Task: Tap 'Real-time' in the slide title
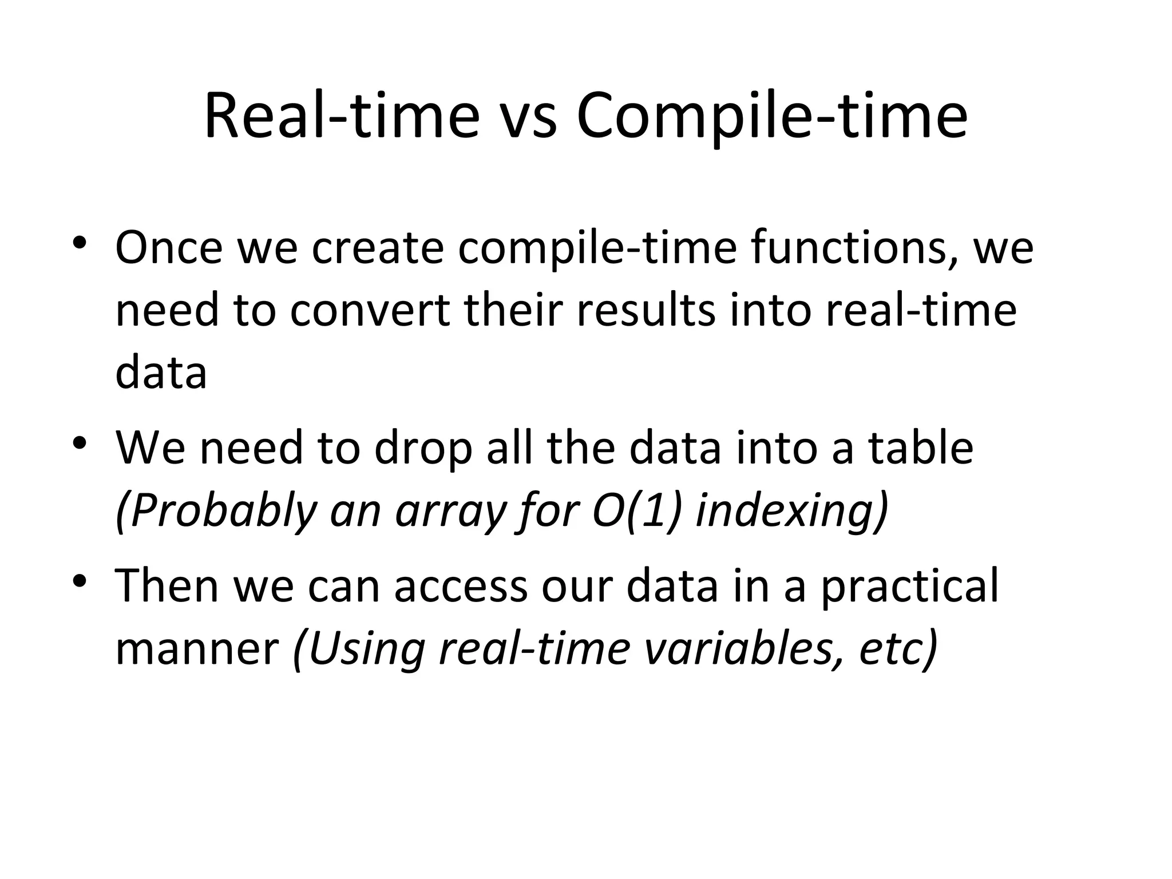click(x=342, y=117)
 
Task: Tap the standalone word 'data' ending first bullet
click(x=161, y=373)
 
